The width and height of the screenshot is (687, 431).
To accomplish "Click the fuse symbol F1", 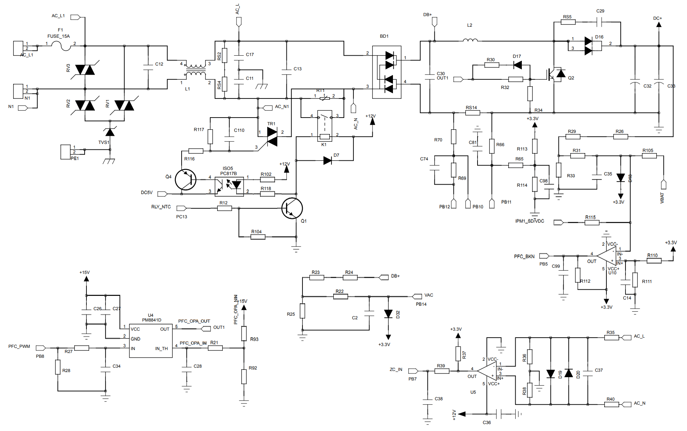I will (61, 46).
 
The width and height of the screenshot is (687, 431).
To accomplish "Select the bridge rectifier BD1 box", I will (387, 72).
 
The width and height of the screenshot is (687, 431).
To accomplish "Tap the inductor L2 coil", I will (470, 40).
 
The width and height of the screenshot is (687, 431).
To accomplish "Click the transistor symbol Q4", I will (186, 179).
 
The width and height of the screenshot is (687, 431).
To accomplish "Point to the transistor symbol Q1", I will (292, 208).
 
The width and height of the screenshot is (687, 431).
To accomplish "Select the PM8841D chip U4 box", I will (151, 340).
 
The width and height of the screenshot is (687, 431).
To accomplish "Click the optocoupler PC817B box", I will (229, 186).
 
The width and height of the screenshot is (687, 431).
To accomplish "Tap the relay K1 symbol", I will (324, 126).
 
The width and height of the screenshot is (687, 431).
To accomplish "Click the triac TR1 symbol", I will (272, 137).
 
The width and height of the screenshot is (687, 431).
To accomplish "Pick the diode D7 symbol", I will (328, 160).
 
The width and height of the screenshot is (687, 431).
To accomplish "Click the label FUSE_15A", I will (58, 36).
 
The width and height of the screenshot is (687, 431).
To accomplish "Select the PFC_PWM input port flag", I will (41, 348).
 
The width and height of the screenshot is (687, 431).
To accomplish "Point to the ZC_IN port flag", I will (413, 371).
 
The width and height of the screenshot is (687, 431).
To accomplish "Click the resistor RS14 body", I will (472, 113).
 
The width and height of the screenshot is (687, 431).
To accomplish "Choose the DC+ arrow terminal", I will (658, 25).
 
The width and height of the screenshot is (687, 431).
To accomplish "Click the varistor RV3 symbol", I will (85, 70).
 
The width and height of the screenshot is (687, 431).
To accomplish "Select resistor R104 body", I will (258, 237).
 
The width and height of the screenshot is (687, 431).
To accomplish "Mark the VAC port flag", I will (417, 296).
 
